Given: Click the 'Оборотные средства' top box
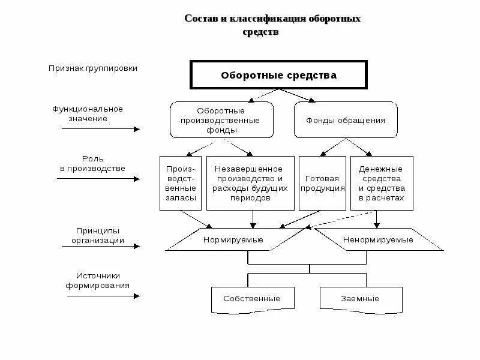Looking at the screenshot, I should point(278,76).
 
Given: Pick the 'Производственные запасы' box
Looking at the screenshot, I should point(181,184).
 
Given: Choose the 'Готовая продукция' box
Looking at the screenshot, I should point(322,184).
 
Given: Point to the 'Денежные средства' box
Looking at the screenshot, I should point(382,184).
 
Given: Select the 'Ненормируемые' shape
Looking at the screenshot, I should point(378,239).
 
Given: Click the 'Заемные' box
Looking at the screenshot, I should point(360,298).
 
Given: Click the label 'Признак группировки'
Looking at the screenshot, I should point(93,68).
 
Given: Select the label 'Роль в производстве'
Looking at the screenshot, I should point(92,164).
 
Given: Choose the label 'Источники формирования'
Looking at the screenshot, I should point(98,281).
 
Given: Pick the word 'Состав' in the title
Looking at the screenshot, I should point(198,19).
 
